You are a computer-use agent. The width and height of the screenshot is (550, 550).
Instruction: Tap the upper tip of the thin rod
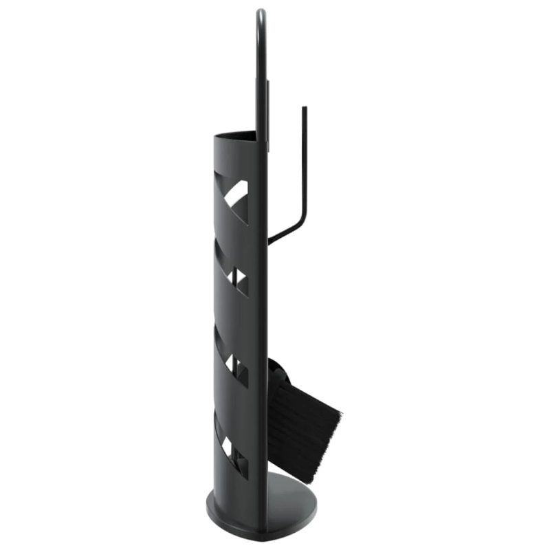click(x=303, y=108)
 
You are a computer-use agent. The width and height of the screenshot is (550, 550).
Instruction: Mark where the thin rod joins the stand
click(x=269, y=242)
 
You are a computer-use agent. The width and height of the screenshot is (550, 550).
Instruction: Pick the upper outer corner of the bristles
click(x=341, y=415)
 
